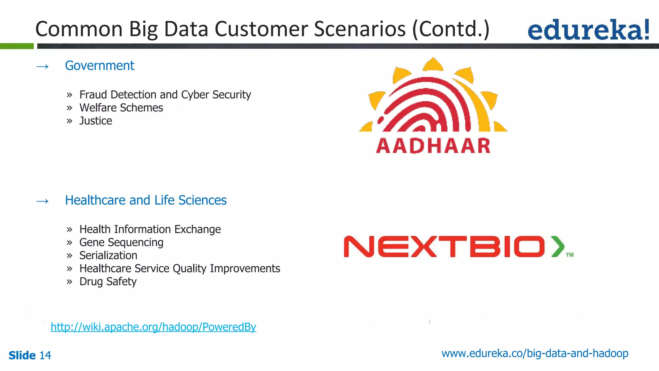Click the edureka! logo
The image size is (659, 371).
588,30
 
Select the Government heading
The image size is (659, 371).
99,66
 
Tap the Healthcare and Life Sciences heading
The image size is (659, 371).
146,200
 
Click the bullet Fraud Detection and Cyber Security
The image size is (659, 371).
165,95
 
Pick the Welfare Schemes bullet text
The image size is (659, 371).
121,108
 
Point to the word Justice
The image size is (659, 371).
96,121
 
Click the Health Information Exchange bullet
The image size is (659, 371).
150,229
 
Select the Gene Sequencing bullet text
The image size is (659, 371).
121,243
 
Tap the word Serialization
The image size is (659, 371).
108,256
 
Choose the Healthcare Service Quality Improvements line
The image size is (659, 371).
180,269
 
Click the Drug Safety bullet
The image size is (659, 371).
108,282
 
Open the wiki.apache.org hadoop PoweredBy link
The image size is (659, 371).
153,327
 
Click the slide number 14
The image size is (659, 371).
45,356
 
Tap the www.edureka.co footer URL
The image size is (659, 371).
535,354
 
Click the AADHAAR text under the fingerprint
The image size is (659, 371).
433,146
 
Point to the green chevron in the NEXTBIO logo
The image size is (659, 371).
558,246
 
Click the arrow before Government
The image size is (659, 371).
42,67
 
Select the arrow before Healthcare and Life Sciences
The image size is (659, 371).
42,201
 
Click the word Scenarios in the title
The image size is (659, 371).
360,29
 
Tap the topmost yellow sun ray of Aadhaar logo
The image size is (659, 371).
433,64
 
